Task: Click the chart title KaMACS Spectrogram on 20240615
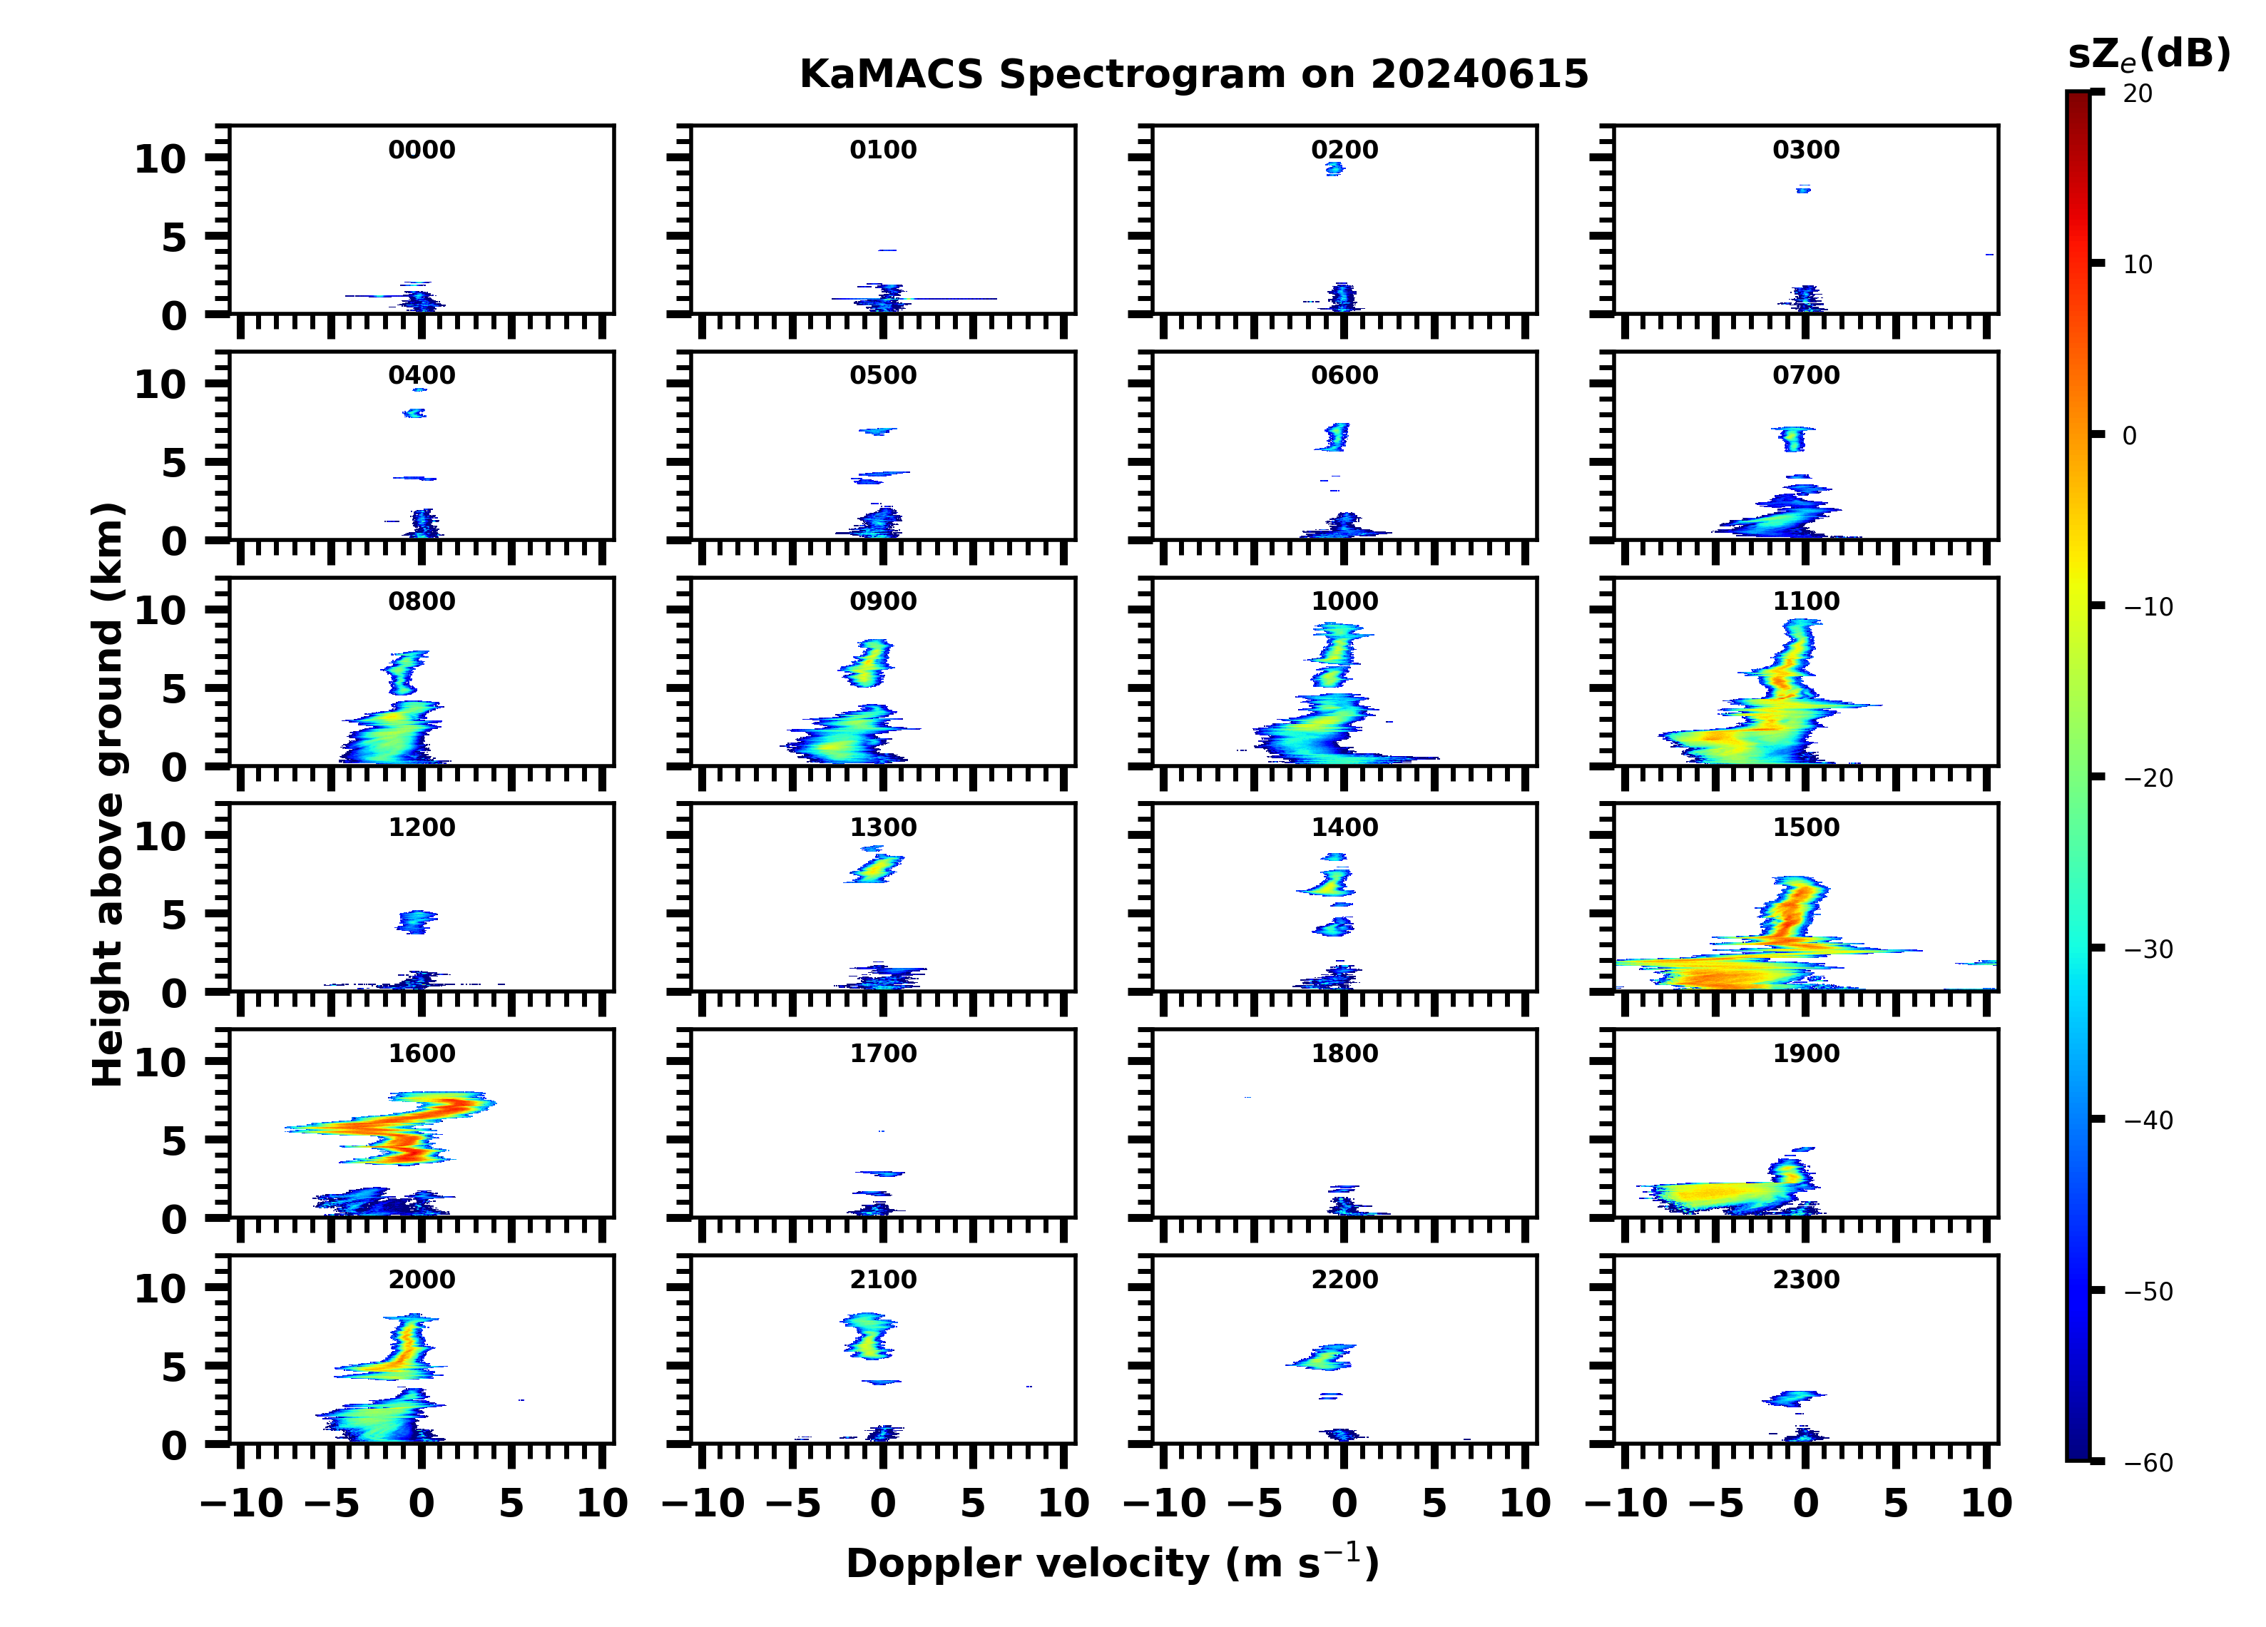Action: [1193, 75]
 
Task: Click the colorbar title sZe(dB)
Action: [2148, 55]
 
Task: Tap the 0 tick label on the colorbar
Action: [2129, 436]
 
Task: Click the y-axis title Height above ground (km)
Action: [108, 795]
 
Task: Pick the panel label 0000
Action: [422, 150]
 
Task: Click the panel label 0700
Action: [1805, 376]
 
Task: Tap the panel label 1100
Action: [1805, 601]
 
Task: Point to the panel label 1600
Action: [422, 1054]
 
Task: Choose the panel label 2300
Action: [1805, 1279]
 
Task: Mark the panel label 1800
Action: [1344, 1054]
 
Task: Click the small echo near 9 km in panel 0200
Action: [1334, 169]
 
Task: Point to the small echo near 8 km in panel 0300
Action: [1802, 188]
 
